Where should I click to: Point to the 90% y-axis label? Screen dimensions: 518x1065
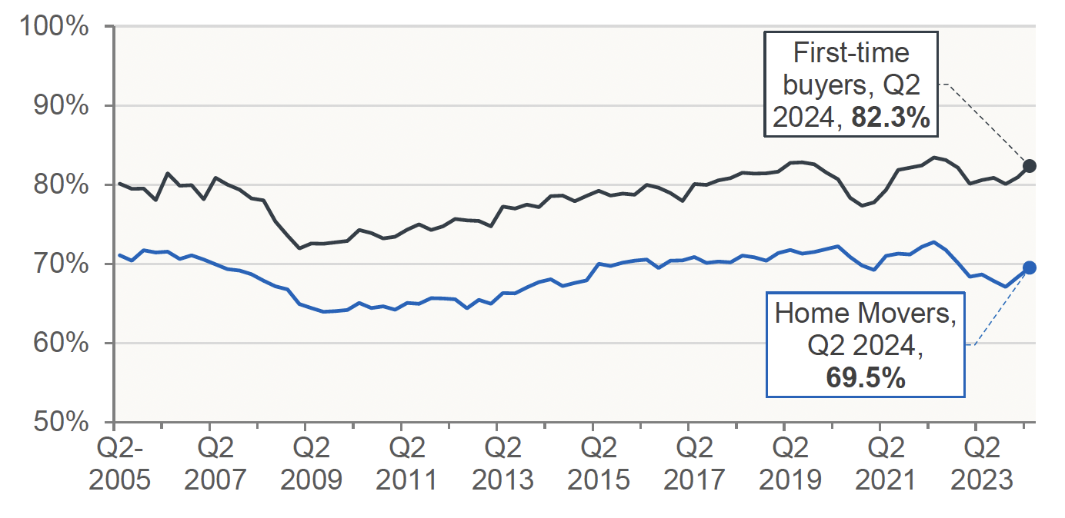tap(60, 106)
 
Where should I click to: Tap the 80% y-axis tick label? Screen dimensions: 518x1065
tap(60, 185)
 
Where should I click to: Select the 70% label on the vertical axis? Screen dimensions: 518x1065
tap(60, 264)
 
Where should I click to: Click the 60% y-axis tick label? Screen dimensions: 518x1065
tap(60, 344)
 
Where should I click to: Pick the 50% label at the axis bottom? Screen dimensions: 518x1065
tap(60, 423)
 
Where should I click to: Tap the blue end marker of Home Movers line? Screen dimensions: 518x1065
tap(1030, 267)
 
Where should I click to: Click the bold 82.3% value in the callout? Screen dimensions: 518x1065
tap(890, 119)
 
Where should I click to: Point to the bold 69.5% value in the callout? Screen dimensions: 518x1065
tap(865, 378)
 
